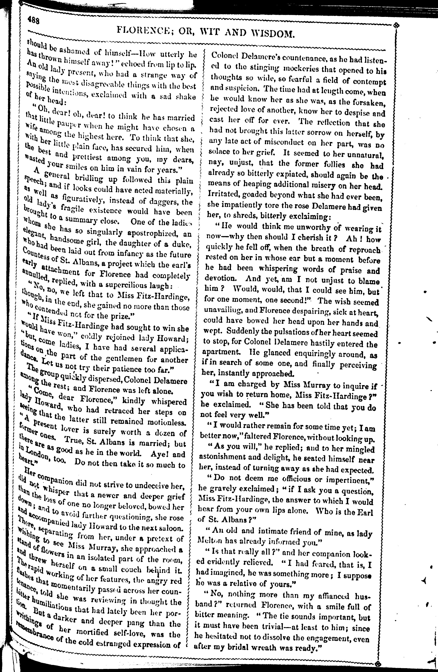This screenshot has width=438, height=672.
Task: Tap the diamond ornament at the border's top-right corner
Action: [x=397, y=26]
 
